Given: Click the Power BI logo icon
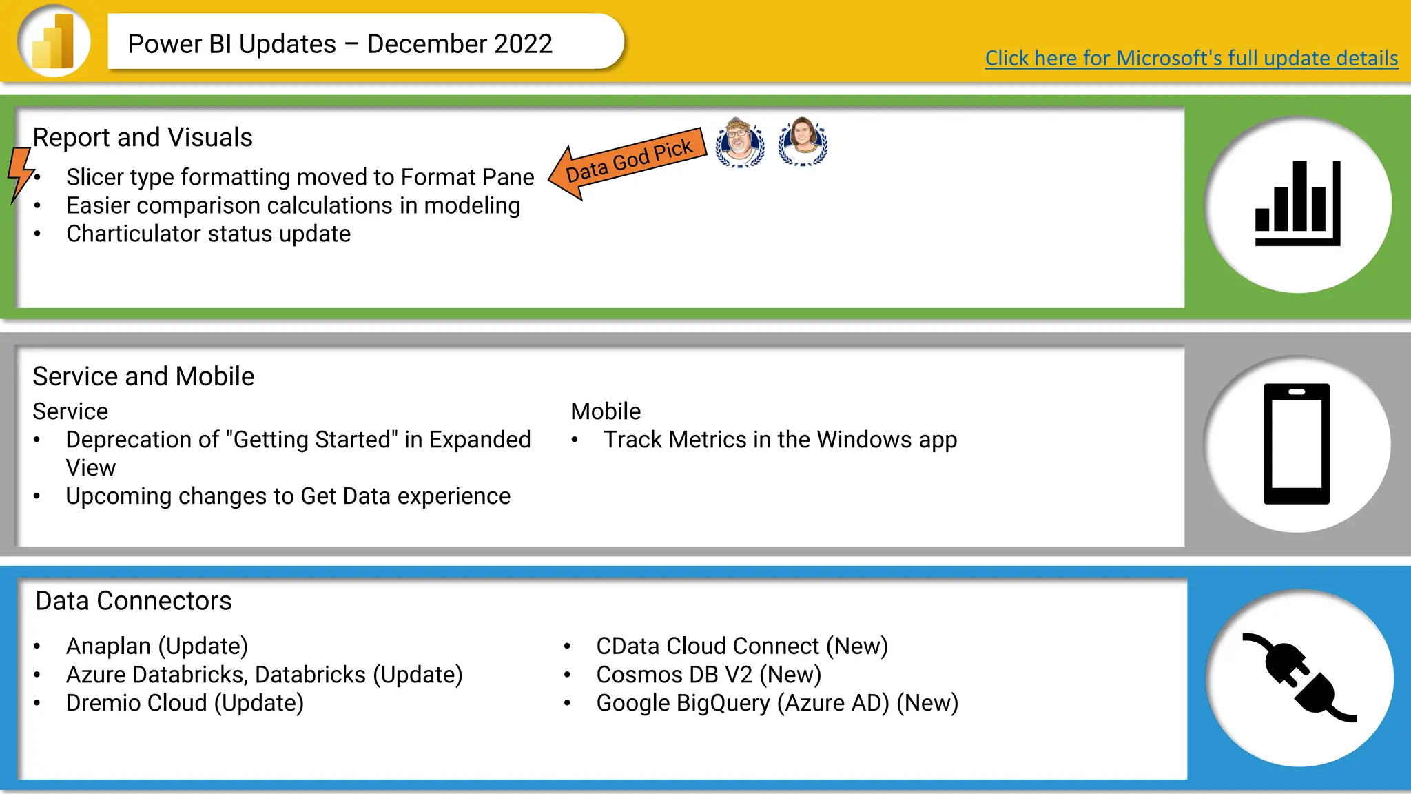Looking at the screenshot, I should pos(54,41).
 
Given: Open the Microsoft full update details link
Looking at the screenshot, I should pos(1191,58).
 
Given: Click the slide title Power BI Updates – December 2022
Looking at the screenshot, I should pos(340,44).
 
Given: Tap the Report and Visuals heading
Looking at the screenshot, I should pos(143,138).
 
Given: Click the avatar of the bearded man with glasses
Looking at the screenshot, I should pos(740,143).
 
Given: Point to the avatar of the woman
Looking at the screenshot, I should pos(803,141).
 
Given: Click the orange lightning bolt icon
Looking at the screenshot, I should pos(21,174).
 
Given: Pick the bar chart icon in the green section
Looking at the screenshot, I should pos(1297,204).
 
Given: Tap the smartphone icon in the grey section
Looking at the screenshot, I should pos(1296,444).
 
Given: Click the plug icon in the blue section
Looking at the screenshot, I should pos(1299,678).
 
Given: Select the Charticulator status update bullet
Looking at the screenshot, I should pos(208,234).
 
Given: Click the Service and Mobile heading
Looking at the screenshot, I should pos(143,377).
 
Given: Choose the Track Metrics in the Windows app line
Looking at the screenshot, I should pos(780,440).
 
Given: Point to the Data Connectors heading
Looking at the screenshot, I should pos(134,601).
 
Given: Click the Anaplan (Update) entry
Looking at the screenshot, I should pos(157,647).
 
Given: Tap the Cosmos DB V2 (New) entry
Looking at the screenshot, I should pos(708,675).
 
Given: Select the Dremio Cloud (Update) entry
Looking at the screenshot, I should pos(185,703).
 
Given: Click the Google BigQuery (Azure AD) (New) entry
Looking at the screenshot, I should pos(777,703).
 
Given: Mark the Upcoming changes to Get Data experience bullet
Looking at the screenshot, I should pos(288,496).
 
